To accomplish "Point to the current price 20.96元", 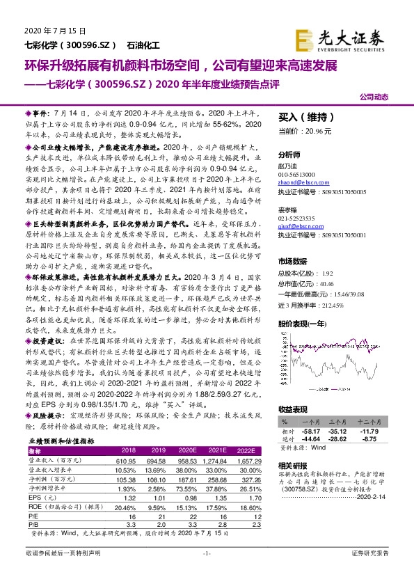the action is click(320, 131).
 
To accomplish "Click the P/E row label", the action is click(34, 516).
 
